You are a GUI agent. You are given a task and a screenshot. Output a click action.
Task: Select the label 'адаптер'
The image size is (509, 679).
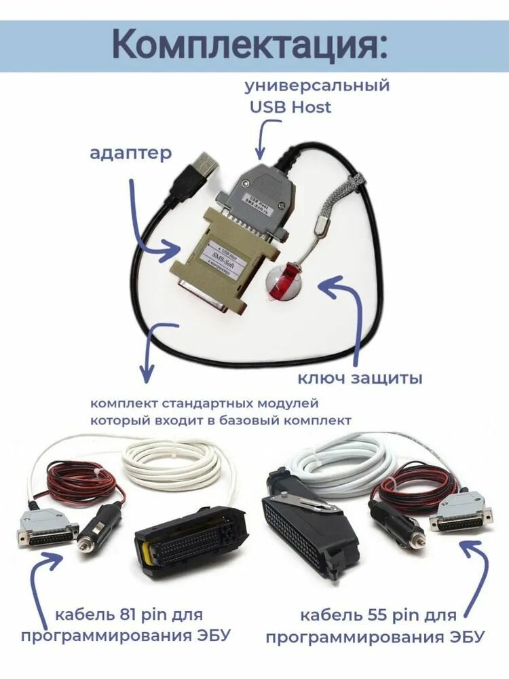point(131,153)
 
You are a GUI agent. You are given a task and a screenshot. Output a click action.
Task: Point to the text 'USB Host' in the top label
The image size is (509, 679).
point(290,107)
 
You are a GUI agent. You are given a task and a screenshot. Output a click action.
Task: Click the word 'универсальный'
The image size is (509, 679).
point(317,86)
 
